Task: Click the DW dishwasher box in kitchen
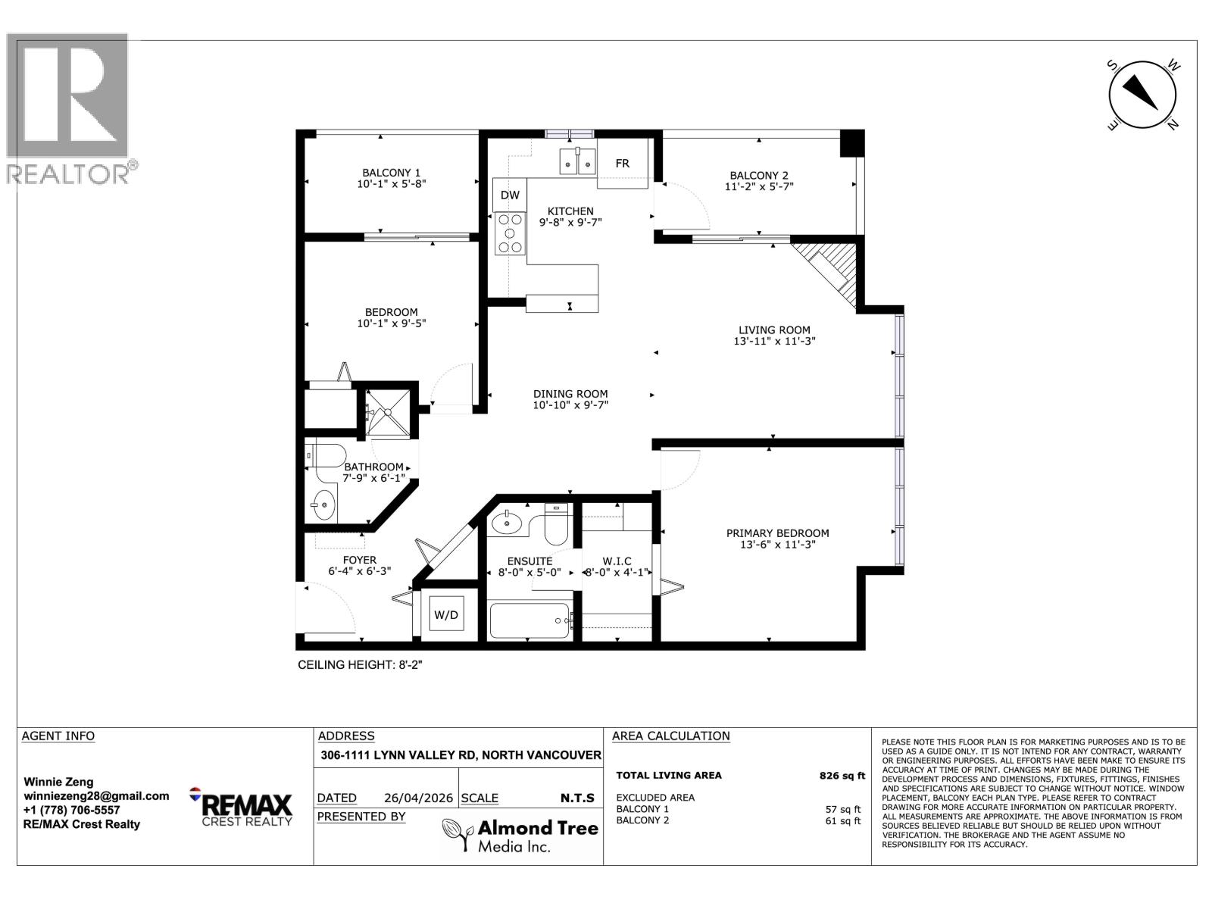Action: point(510,195)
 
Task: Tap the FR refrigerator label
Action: point(622,164)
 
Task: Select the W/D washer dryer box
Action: point(446,615)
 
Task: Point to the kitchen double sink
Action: point(577,161)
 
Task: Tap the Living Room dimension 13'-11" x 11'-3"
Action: point(774,341)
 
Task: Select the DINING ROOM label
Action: point(570,394)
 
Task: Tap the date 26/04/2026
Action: point(417,798)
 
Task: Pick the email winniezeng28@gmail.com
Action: point(96,795)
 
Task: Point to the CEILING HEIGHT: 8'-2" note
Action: point(364,665)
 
